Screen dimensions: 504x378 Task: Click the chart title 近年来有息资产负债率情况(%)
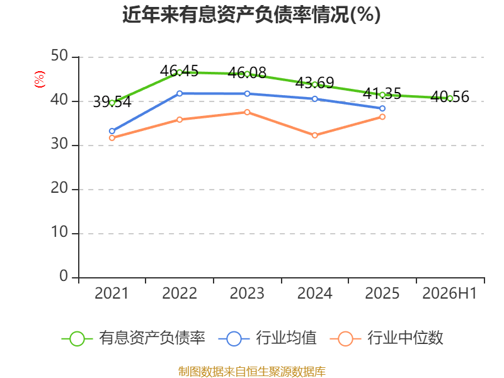click(x=251, y=14)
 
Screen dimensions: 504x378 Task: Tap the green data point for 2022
click(x=180, y=72)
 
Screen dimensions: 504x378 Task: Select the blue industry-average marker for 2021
click(x=112, y=131)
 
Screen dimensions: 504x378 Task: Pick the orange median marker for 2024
click(x=314, y=135)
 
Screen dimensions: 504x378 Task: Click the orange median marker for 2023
click(x=247, y=112)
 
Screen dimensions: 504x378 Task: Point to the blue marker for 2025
click(x=382, y=108)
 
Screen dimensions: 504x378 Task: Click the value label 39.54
click(x=112, y=102)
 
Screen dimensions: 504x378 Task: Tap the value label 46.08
click(x=247, y=72)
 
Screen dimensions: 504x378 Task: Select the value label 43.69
click(x=314, y=83)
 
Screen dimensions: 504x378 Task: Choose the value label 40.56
click(x=450, y=96)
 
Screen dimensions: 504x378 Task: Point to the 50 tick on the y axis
click(x=59, y=56)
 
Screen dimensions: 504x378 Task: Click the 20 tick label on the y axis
click(x=59, y=188)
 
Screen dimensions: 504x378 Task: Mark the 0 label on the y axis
click(x=64, y=276)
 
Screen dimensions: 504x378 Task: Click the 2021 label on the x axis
click(x=112, y=293)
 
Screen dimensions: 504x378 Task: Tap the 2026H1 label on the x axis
click(x=450, y=293)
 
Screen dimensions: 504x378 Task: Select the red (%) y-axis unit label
click(x=40, y=79)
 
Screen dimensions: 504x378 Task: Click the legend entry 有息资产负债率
click(x=134, y=338)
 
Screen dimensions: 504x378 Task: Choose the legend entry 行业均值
click(x=267, y=338)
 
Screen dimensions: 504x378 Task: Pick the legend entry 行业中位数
click(x=387, y=338)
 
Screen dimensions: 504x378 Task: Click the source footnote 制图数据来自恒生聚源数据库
click(x=252, y=372)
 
